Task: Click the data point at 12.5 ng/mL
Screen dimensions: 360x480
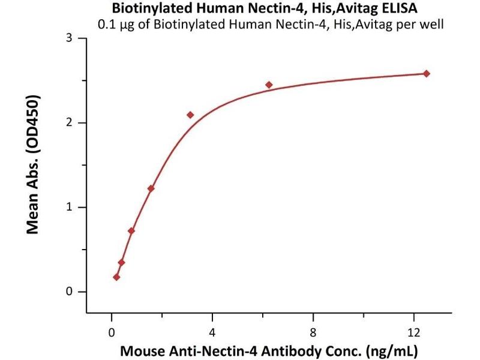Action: (427, 74)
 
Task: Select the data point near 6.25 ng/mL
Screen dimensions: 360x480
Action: (269, 85)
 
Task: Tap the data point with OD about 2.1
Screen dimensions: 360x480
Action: (190, 115)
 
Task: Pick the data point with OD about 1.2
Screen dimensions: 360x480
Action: (151, 188)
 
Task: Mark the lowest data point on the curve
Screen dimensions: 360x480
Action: (116, 277)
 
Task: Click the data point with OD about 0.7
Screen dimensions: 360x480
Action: (131, 231)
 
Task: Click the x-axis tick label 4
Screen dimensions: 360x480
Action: (212, 332)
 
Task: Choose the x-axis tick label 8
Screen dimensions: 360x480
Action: (313, 332)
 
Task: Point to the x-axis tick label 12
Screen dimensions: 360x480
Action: (413, 332)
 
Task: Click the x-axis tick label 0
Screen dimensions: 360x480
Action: (112, 332)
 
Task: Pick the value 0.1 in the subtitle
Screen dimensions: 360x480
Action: (106, 25)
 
